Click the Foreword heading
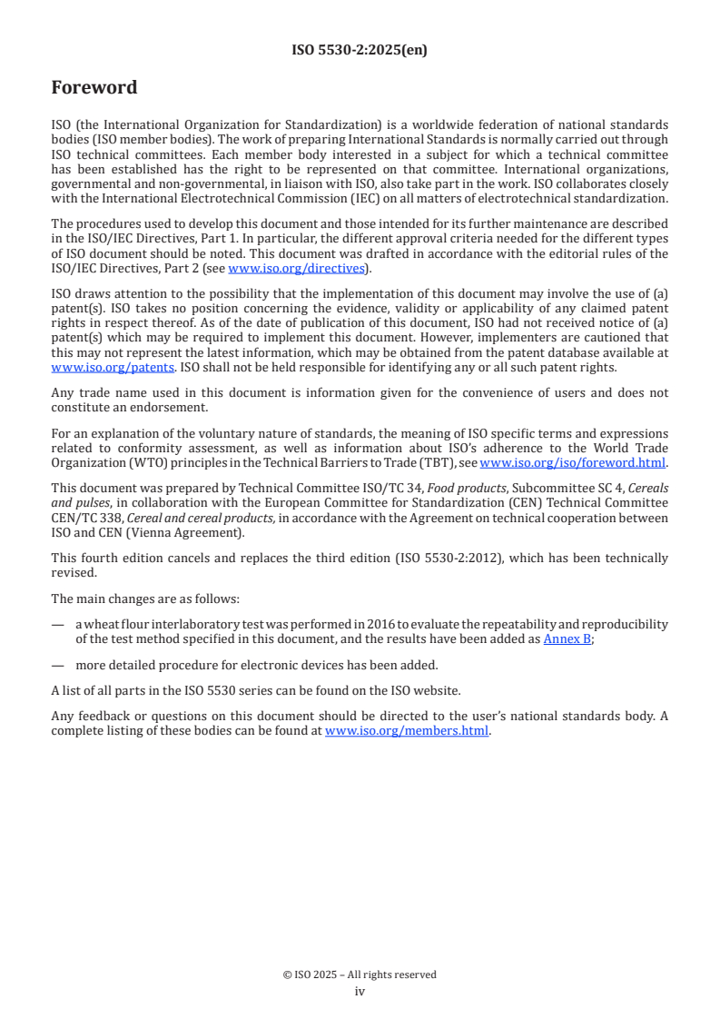[x=94, y=88]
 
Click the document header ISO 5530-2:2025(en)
[x=360, y=51]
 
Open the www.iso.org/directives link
[x=296, y=268]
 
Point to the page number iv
[x=360, y=991]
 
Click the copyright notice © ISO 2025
[x=360, y=974]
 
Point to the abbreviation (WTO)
[x=130, y=461]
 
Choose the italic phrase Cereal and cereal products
[x=194, y=518]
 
